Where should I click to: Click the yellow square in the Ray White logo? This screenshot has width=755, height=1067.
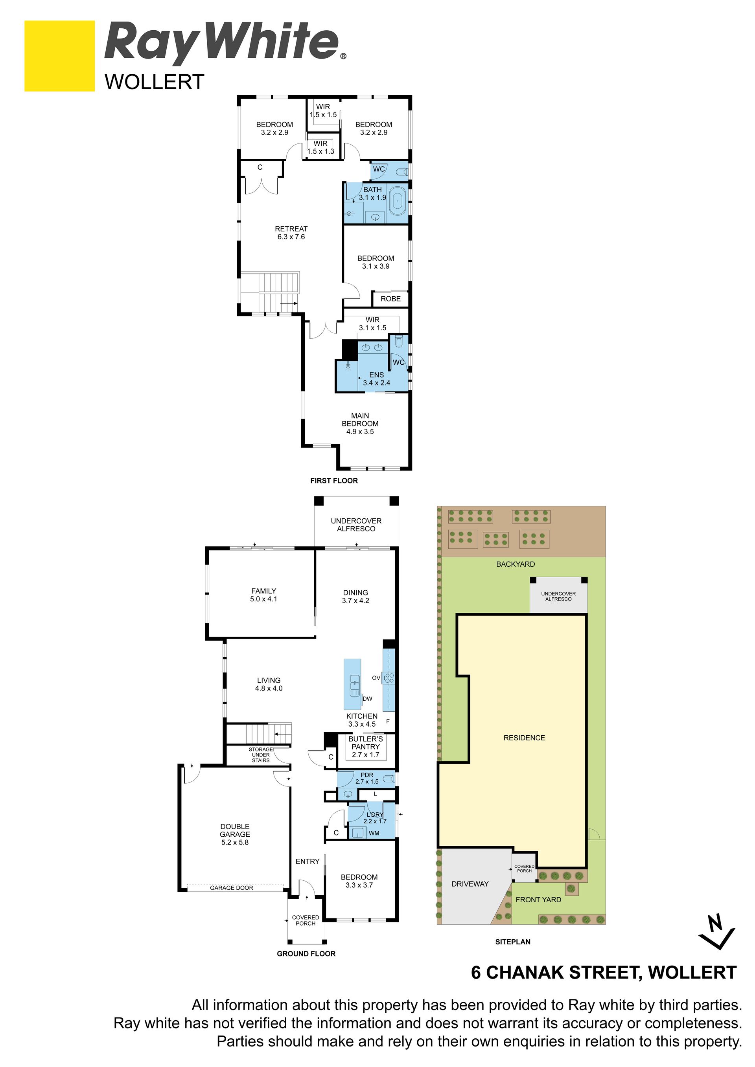59,56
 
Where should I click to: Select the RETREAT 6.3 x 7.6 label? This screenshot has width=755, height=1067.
291,233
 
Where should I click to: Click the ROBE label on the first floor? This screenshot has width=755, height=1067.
390,299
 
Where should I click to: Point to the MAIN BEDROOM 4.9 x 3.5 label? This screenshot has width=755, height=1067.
360,423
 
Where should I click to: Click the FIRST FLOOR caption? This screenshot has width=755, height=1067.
334,481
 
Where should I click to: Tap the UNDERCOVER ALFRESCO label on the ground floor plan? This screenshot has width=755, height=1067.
356,525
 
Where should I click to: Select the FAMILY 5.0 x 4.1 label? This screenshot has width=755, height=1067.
263,595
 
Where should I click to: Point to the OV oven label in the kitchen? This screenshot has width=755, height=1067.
376,678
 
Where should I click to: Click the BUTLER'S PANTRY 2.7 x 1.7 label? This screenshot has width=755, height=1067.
365,747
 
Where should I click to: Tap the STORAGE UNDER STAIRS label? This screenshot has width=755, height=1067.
261,755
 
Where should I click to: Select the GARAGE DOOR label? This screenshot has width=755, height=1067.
232,888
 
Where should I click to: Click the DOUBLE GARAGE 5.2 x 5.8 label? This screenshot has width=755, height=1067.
235,834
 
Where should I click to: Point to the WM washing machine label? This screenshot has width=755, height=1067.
374,833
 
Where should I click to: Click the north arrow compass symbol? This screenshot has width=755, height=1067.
717,931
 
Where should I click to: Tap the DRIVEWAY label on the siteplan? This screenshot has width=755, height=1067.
470,884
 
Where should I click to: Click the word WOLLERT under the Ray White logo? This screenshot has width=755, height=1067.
155,82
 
